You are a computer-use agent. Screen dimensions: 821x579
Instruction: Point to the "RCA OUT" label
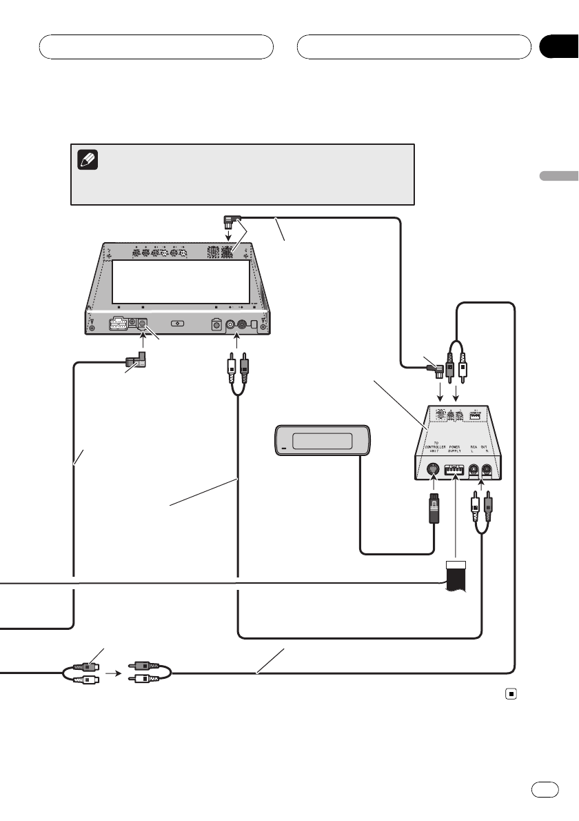click(x=481, y=448)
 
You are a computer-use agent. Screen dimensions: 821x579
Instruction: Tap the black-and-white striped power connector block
click(x=456, y=576)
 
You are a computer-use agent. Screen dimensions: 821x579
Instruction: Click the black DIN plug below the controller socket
click(x=433, y=511)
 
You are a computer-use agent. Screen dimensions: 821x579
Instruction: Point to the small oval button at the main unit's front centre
click(x=177, y=323)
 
